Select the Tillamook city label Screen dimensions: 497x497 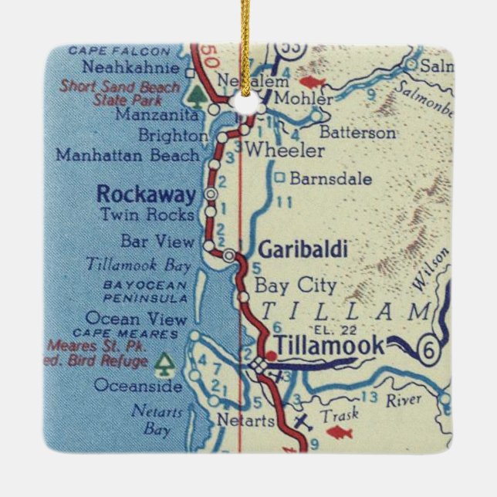pyautogui.click(x=330, y=347)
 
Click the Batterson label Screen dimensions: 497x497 pyautogui.click(x=357, y=132)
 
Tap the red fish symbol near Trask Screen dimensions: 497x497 pyautogui.click(x=340, y=432)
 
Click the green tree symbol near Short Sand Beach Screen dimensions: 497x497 pyautogui.click(x=195, y=95)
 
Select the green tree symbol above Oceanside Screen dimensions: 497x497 pyautogui.click(x=164, y=362)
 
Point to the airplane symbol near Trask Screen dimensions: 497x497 pyautogui.click(x=303, y=422)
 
